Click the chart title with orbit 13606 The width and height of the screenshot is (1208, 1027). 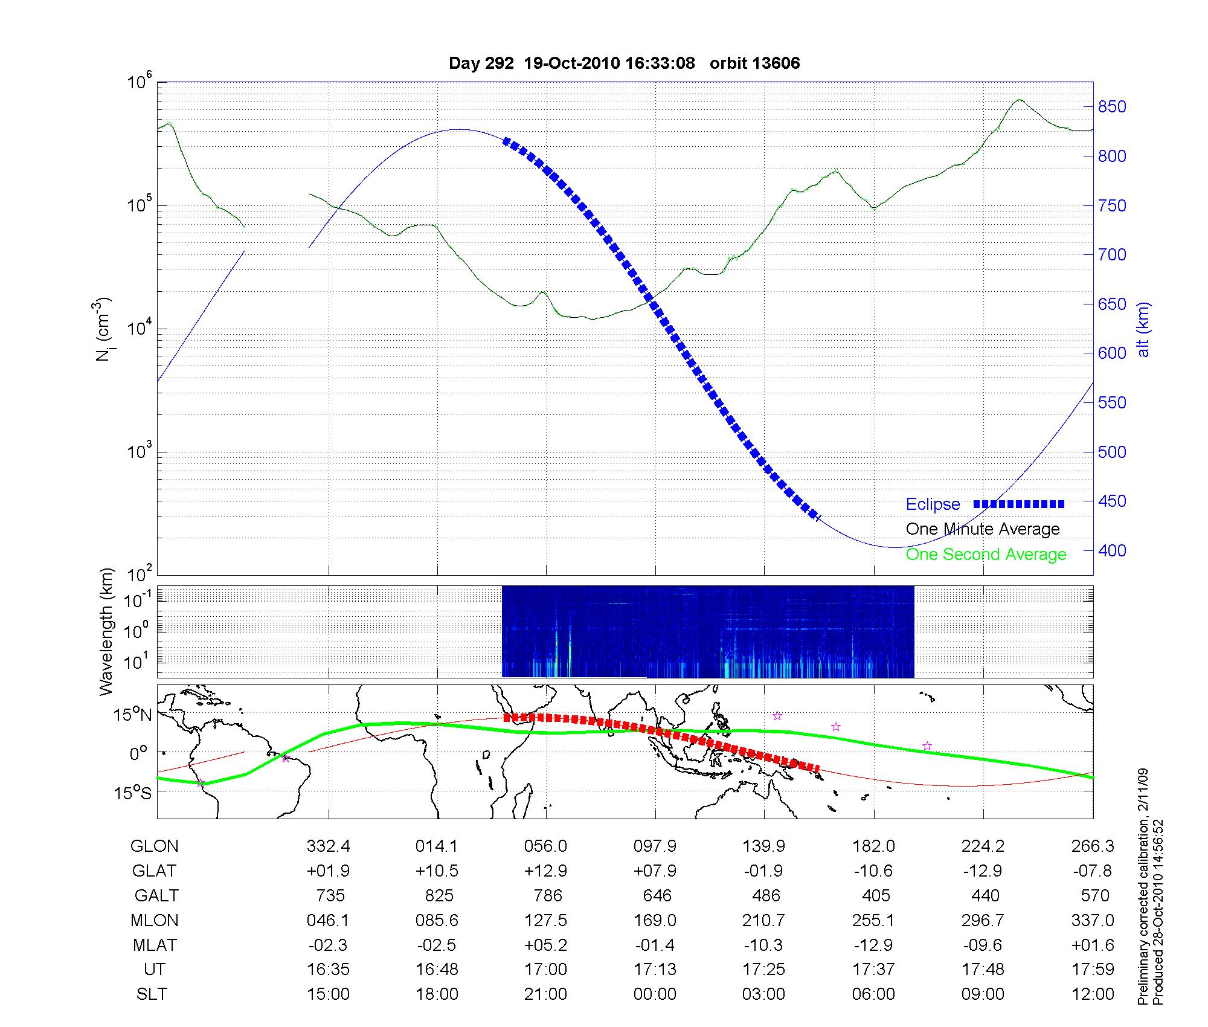tap(624, 63)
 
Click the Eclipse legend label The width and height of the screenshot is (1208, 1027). tap(933, 504)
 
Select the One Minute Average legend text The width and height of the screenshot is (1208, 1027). tap(983, 529)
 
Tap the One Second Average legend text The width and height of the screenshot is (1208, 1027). tap(986, 555)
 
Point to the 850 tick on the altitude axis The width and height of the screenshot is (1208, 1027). tap(1112, 107)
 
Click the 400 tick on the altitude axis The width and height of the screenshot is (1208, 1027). tap(1112, 550)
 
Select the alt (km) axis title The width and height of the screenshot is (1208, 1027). tap(1143, 329)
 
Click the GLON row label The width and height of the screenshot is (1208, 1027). tap(154, 846)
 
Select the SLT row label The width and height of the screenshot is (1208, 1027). tap(152, 994)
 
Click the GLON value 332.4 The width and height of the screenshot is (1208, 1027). tap(328, 846)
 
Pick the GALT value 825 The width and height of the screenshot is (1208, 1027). tap(439, 895)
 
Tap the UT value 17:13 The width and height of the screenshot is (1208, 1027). tap(655, 970)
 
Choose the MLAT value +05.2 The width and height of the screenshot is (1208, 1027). tap(545, 945)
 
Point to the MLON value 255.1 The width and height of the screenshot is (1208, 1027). tap(873, 920)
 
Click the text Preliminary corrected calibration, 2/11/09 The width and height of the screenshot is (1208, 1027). tap(1143, 887)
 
